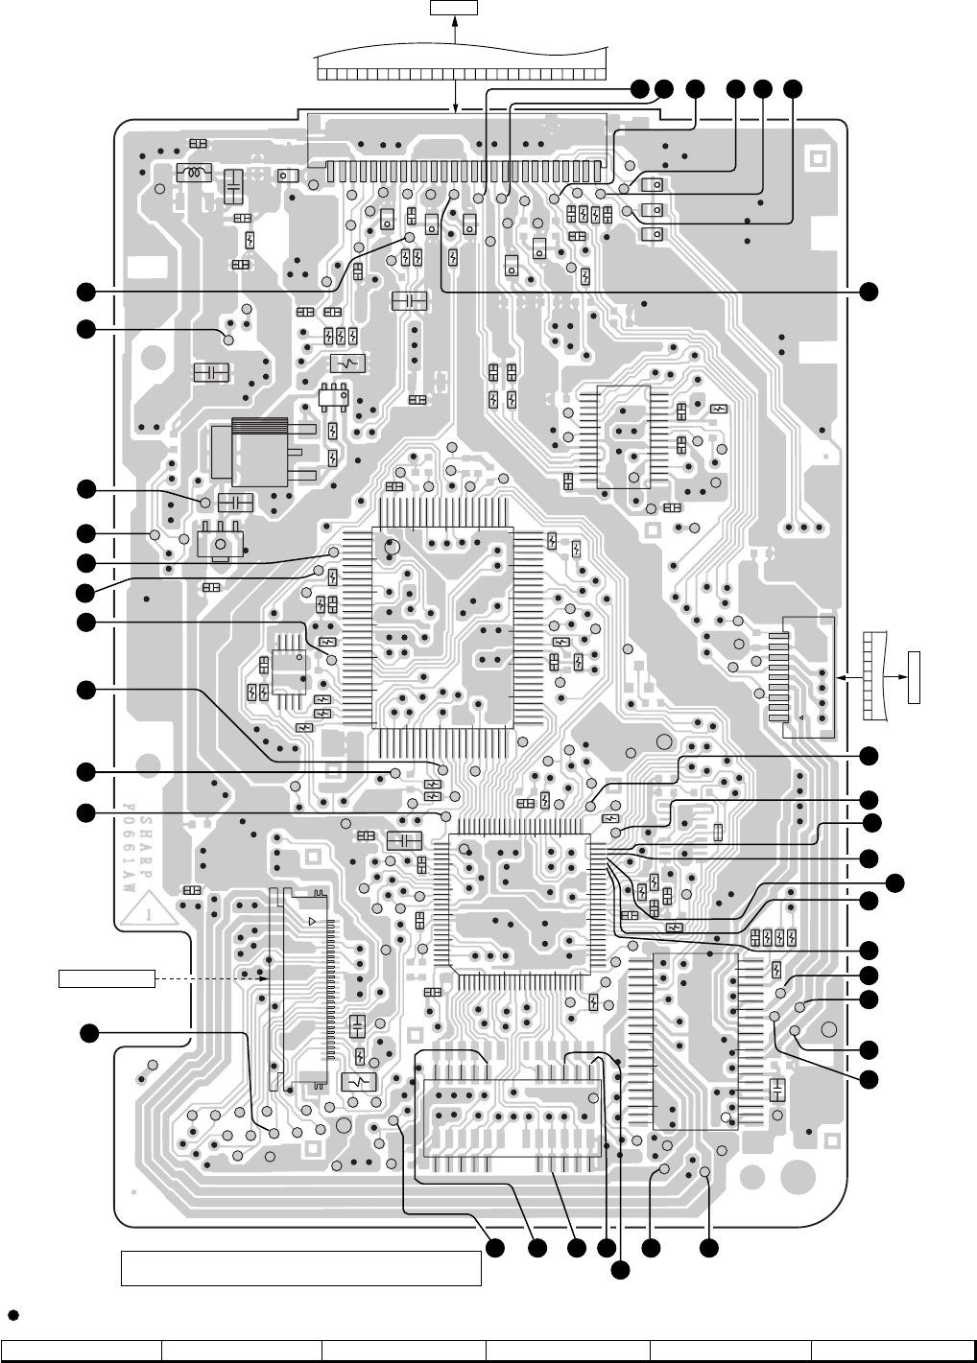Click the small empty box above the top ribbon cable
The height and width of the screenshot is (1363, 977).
pos(453,9)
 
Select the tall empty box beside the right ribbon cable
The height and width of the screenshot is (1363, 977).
pos(914,676)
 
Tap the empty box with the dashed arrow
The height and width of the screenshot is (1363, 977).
pos(106,977)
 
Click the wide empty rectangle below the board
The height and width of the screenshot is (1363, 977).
pos(300,1267)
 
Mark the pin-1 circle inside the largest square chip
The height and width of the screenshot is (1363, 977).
pos(391,547)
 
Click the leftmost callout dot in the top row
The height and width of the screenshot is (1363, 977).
pos(639,88)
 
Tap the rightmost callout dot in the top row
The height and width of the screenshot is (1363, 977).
pos(793,88)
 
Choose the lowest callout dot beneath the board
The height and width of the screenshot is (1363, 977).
pos(621,1270)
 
